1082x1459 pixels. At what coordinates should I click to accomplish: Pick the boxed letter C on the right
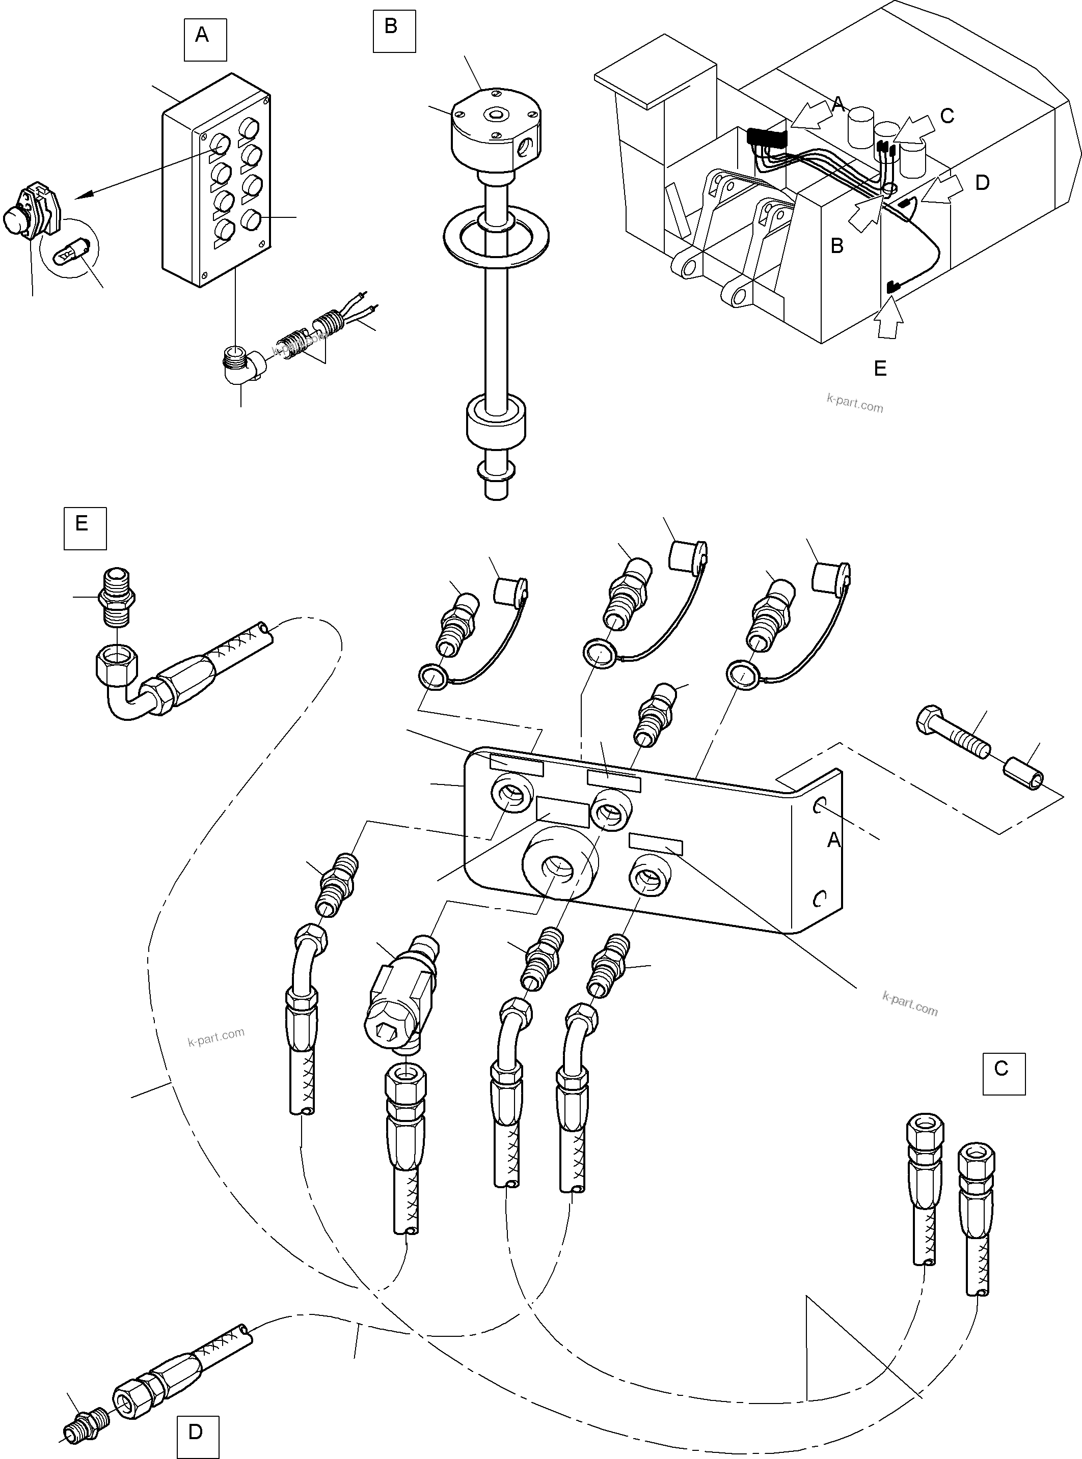[1003, 1074]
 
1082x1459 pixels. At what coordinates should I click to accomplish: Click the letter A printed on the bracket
[833, 840]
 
